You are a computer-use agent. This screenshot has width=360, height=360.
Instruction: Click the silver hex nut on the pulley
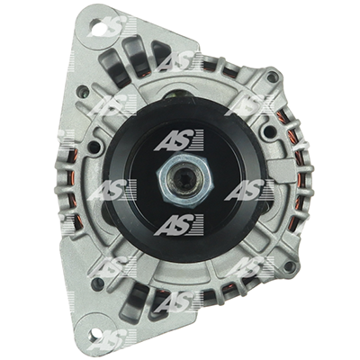point(184,181)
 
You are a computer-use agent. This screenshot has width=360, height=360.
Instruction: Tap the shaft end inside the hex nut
point(184,181)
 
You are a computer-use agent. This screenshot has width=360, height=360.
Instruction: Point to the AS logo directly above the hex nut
point(178,140)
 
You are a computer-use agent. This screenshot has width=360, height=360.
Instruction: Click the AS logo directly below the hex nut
point(178,225)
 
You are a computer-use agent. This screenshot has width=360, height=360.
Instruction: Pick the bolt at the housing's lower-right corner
point(289,266)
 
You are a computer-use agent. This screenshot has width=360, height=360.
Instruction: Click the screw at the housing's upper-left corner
point(82,91)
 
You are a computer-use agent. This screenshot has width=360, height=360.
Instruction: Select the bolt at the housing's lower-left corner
point(96,282)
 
